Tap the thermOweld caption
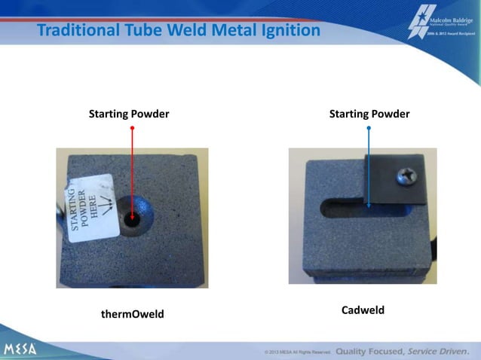(x=132, y=313)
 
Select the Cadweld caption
(x=363, y=310)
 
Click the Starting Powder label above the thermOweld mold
(x=129, y=114)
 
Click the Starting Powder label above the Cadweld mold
(x=369, y=114)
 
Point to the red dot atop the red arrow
(x=133, y=129)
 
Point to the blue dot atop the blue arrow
(x=369, y=129)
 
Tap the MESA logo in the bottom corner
(x=20, y=349)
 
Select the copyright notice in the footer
(x=297, y=352)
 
